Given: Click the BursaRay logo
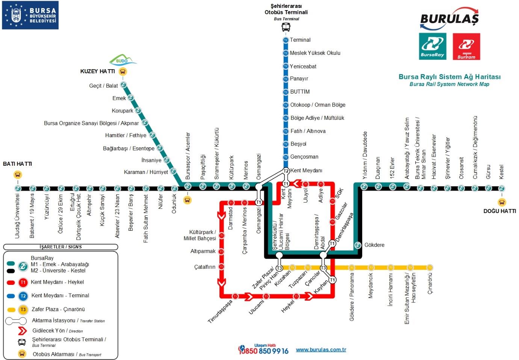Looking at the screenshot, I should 433,46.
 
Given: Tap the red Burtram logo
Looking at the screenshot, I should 466,46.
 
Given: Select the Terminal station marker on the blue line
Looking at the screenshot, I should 286,40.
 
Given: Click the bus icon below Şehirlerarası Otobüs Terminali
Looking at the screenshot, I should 286,27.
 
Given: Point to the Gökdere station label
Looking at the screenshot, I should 374,245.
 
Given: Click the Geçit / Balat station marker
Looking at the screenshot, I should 123,85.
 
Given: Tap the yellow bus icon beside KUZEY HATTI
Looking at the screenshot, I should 123,71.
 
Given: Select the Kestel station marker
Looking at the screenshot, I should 501,188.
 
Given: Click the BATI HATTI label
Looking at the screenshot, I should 17,164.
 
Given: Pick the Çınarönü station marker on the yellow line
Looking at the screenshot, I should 430,268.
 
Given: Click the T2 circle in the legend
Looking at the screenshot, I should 23,296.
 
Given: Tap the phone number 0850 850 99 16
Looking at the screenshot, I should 264,351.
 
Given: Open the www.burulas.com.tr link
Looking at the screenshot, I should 321,349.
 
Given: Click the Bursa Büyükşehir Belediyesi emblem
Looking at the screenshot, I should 16,15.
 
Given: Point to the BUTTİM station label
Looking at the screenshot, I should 300,92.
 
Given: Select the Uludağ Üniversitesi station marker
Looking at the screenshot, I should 18,188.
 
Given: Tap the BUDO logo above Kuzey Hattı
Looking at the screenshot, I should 122,60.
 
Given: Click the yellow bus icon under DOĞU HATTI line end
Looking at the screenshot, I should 502,202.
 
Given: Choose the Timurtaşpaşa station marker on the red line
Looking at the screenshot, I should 235,296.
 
